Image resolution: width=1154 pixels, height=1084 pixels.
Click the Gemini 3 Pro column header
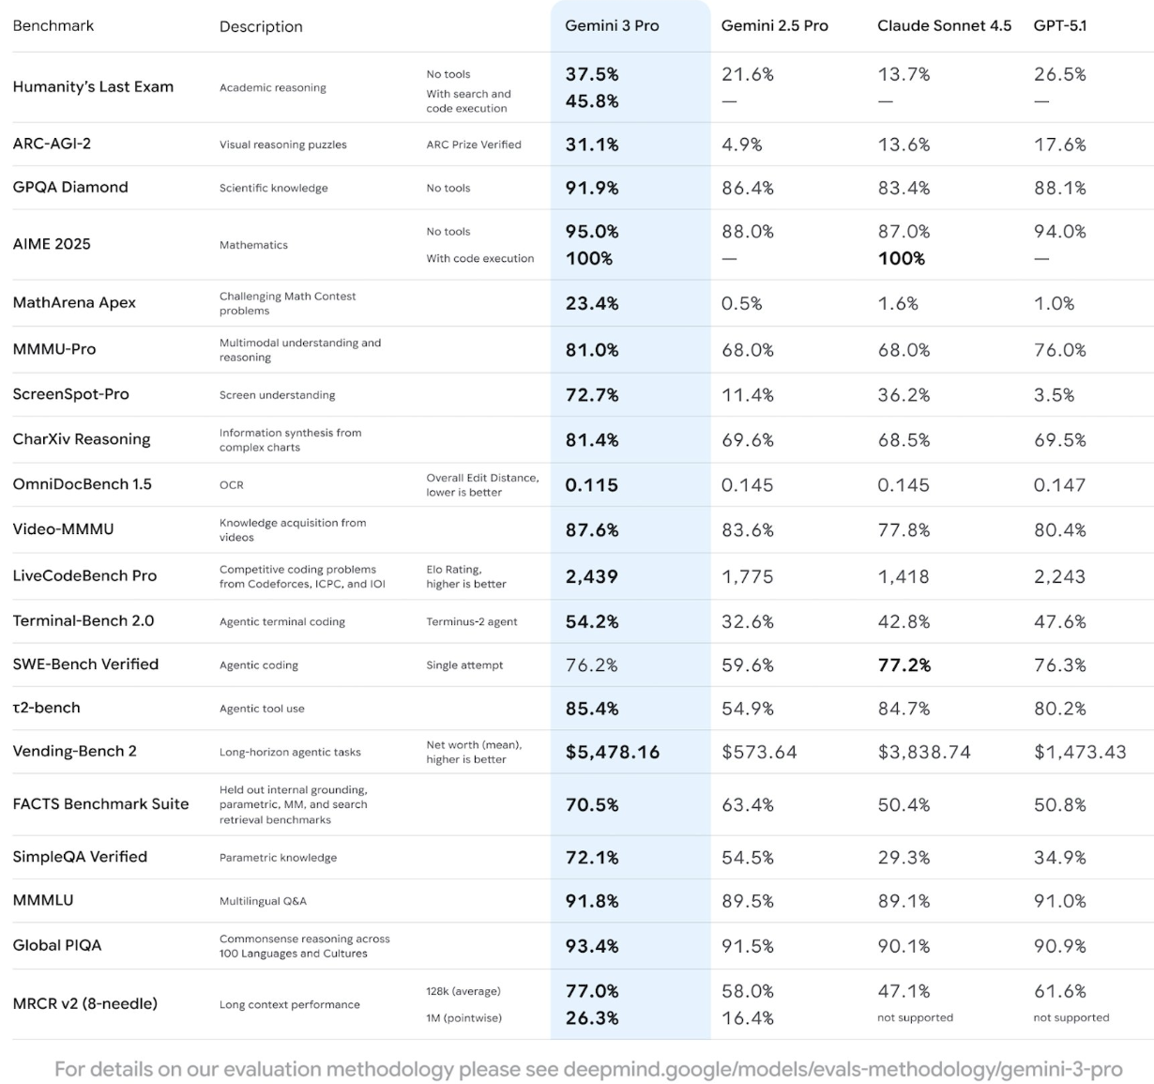(612, 26)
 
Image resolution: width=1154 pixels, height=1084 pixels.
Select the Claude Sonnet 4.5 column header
(944, 26)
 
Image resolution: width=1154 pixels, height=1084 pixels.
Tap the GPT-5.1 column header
(1060, 26)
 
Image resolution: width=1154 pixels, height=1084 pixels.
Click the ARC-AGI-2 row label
(52, 144)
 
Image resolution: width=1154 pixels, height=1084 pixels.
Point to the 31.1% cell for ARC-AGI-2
(592, 145)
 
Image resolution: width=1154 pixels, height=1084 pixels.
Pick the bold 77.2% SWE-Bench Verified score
(903, 665)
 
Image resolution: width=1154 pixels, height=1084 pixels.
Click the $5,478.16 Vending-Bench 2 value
(613, 752)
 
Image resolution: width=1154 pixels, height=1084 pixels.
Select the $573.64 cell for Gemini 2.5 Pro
(759, 752)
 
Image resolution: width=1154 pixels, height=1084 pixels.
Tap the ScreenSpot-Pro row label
(70, 394)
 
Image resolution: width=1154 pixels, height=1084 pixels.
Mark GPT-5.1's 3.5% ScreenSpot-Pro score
(1055, 395)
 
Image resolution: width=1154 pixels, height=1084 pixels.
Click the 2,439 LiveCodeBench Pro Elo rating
(592, 576)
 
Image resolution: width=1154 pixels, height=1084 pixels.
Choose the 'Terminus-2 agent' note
(472, 621)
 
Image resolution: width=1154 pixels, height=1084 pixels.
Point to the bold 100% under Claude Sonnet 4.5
(901, 258)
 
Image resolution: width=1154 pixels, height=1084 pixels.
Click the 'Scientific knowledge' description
(273, 189)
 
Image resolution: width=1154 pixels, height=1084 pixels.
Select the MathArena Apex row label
(74, 302)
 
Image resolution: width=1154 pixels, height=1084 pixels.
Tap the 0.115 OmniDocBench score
(592, 485)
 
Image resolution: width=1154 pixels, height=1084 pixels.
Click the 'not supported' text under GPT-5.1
(1070, 1017)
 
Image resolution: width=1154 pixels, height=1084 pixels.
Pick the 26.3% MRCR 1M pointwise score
(592, 1017)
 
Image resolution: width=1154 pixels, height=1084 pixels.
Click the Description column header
(261, 26)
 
